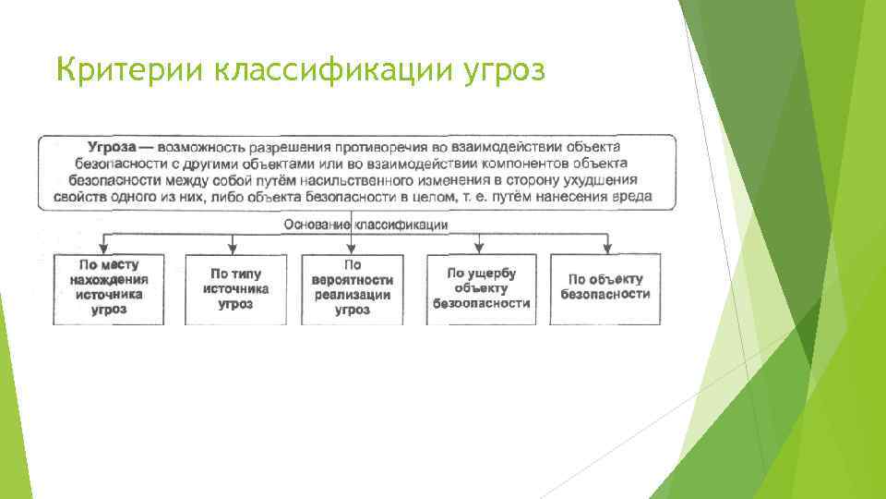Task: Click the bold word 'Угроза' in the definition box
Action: (112, 148)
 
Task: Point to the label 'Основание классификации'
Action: (365, 224)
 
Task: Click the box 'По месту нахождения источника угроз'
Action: (108, 287)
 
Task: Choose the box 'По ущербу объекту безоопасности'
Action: (480, 287)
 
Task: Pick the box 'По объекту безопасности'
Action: (605, 287)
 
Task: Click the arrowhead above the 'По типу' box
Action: (233, 247)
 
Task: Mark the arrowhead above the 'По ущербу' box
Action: (480, 247)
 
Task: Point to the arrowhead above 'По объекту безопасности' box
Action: (606, 247)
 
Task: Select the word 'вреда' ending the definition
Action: (633, 197)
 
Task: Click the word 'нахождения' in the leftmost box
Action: (108, 280)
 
